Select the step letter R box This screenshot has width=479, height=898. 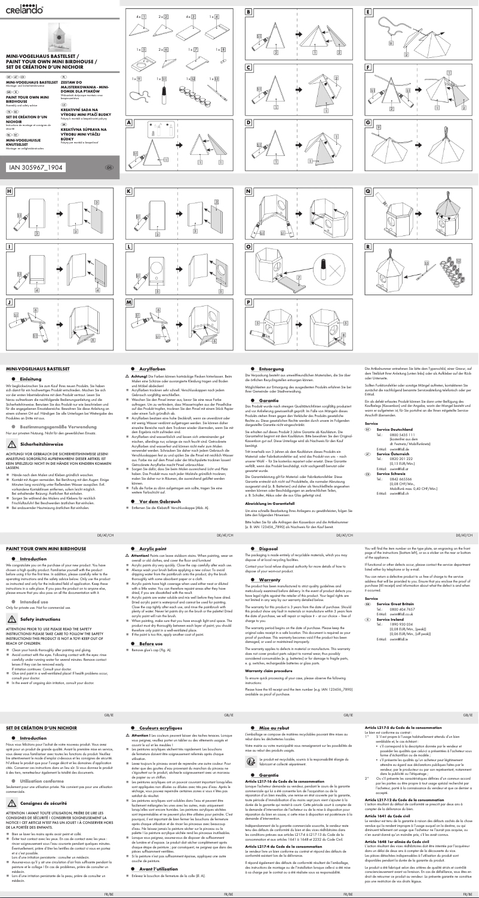pyautogui.click(x=369, y=246)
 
